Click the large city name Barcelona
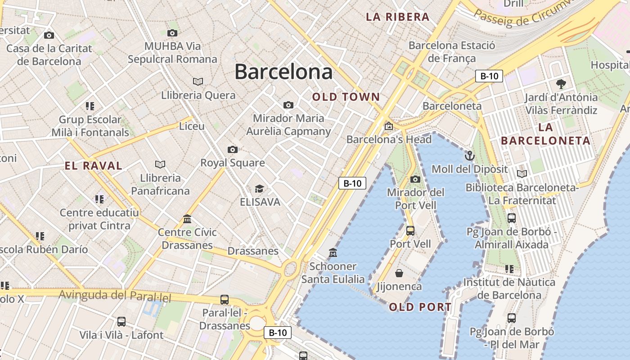283,72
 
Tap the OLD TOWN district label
346,97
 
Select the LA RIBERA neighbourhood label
397,17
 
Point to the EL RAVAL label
94,166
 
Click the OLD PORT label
420,307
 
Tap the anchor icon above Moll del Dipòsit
469,156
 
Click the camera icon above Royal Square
232,149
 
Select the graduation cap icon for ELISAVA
259,189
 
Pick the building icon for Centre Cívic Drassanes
187,219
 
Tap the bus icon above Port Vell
410,231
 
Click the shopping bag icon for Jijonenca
399,273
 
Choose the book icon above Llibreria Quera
198,81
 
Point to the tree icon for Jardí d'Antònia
561,84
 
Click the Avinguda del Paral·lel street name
116,296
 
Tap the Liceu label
192,126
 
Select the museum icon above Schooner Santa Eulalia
333,252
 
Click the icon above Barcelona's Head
388,126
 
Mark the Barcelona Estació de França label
452,52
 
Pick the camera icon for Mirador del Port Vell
415,179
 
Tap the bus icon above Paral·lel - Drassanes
224,299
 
